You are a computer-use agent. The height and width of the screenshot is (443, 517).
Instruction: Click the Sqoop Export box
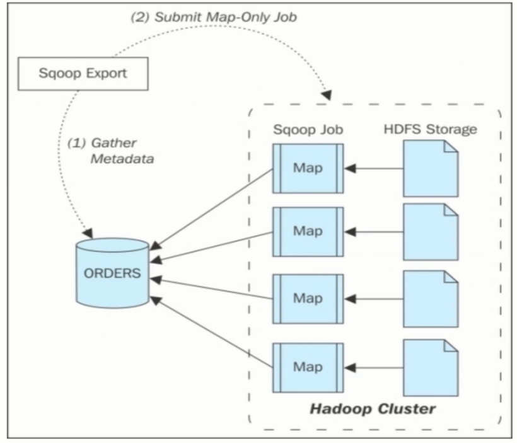click(x=82, y=73)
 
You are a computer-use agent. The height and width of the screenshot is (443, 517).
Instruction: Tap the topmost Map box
click(x=308, y=168)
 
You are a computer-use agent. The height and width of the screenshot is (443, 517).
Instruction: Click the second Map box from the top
click(x=308, y=231)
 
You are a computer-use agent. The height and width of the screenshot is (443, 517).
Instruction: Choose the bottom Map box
click(x=308, y=367)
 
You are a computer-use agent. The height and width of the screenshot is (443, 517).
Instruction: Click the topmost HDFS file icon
click(x=431, y=168)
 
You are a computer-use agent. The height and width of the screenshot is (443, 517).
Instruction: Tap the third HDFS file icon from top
click(x=431, y=299)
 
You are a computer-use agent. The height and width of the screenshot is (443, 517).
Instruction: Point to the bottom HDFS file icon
click(x=431, y=367)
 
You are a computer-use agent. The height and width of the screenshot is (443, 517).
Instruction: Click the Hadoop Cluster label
click(x=372, y=409)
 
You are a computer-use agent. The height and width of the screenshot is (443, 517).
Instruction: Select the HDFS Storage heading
click(x=430, y=130)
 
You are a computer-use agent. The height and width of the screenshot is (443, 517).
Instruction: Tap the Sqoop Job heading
click(x=307, y=130)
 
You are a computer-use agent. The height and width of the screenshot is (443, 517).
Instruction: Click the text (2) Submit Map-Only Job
click(x=213, y=18)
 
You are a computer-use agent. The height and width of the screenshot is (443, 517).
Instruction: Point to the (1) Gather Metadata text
click(x=110, y=151)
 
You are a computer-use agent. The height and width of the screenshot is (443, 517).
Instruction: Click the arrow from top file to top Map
click(x=375, y=168)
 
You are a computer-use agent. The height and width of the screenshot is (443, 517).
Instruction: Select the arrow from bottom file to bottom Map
click(x=375, y=367)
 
